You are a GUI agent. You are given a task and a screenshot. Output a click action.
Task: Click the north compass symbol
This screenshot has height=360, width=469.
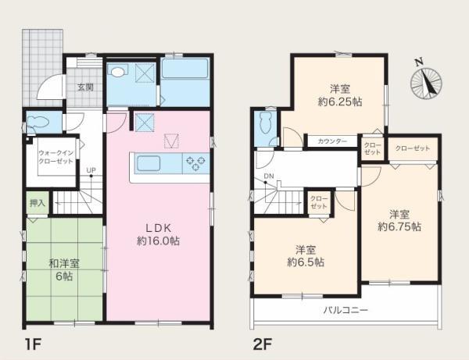426,80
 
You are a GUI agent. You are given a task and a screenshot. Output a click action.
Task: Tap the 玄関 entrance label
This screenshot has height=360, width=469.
85,87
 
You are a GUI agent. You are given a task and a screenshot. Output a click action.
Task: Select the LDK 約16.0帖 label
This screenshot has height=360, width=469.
158,234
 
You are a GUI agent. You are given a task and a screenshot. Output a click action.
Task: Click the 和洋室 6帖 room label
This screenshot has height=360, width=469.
64,270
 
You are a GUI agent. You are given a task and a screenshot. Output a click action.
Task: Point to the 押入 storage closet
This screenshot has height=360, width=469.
38,203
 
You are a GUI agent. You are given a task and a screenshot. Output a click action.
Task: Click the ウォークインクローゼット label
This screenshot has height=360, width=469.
55,157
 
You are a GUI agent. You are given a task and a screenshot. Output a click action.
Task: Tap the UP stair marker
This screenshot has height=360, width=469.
91,170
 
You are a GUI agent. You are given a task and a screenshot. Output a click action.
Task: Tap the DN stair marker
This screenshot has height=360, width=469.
269,176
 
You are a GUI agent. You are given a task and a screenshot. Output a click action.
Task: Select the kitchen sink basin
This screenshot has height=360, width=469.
149,163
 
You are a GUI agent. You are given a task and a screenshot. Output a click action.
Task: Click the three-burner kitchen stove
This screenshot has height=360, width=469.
196,163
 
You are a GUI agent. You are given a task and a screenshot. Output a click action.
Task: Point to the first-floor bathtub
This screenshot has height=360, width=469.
184,69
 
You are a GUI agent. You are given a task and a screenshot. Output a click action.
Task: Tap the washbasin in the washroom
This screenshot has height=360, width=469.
118,72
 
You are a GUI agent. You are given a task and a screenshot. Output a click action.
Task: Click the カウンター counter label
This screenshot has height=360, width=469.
332,141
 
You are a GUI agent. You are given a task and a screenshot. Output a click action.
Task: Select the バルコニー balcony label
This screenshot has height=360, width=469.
345,310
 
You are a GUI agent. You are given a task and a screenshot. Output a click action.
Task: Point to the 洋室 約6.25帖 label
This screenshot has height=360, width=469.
340,95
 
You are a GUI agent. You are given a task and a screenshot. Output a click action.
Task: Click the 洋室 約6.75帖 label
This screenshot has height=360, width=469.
399,221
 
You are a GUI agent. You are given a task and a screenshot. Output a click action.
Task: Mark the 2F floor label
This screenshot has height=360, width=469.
263,345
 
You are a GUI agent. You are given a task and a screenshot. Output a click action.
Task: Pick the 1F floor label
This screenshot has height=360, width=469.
32,345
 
